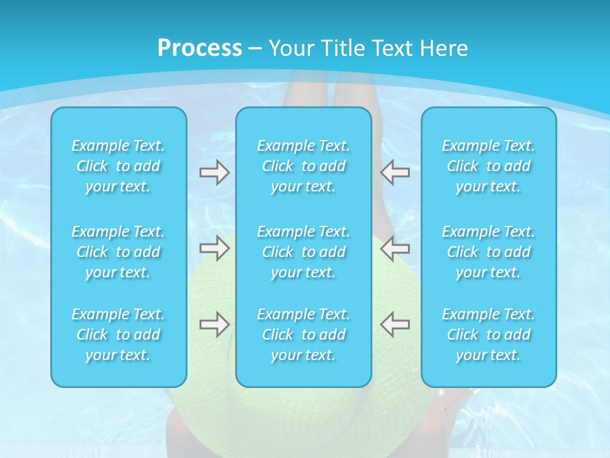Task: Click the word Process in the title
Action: coord(200,48)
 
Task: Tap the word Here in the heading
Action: coord(443,48)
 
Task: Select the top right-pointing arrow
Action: coord(214,172)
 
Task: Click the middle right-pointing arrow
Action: coord(214,248)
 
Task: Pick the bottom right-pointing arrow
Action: coord(214,324)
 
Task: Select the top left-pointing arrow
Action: coord(395,172)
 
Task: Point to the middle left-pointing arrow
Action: coord(395,248)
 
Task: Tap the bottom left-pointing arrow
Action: coord(395,324)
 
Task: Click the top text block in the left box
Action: coord(118,166)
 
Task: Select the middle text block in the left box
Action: coord(118,252)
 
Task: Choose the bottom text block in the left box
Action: coord(118,335)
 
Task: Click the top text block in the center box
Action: coord(304,166)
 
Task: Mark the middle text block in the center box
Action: coord(304,252)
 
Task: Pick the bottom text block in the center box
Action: coord(304,335)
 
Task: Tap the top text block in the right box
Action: coord(489,166)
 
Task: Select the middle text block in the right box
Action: coord(489,252)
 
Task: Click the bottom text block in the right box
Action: coord(489,335)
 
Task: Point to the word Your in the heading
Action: coord(290,48)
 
